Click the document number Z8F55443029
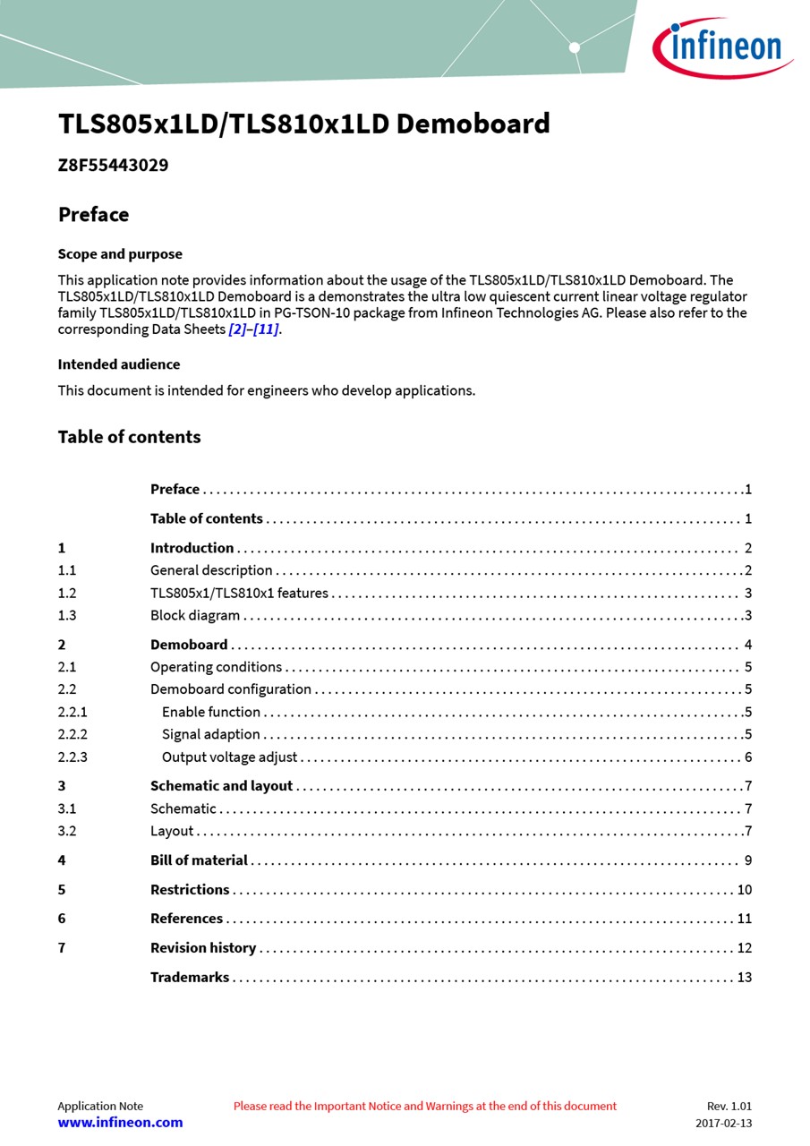tap(113, 166)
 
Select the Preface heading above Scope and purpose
tap(93, 215)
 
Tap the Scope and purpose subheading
tap(120, 254)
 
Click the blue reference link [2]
tap(237, 329)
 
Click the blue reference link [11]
tap(266, 329)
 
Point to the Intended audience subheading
tap(119, 364)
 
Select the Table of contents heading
tap(129, 437)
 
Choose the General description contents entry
tap(211, 570)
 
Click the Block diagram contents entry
tap(195, 615)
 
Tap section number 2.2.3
tap(72, 757)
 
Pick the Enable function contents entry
tap(211, 712)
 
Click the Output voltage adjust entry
tap(229, 757)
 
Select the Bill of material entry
tap(199, 860)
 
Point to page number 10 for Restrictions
tap(745, 890)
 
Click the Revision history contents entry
tap(203, 948)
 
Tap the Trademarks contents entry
tap(190, 978)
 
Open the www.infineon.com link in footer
tap(120, 1123)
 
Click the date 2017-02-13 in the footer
tap(724, 1124)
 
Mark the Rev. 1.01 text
tap(729, 1107)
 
